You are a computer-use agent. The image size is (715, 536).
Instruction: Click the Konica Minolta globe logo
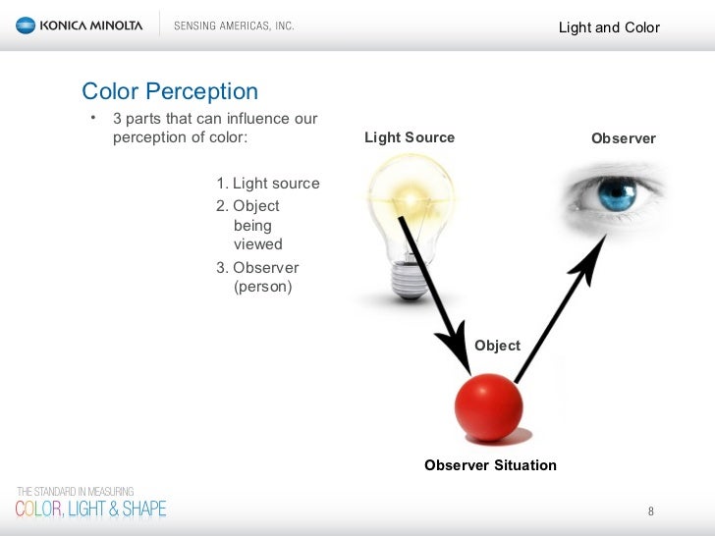pos(25,27)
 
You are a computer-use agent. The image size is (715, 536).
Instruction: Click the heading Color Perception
pos(170,92)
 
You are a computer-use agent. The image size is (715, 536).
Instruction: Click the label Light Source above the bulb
pos(410,137)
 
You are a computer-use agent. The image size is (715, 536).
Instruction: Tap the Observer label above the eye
pos(623,138)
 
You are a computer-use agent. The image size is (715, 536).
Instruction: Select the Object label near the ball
pos(497,346)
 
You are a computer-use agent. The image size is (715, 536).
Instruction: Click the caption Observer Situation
pos(490,465)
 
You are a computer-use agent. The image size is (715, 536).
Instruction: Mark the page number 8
pos(650,511)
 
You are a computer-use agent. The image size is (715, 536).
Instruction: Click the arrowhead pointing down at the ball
pos(454,348)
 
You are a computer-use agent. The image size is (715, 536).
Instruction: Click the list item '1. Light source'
pos(267,184)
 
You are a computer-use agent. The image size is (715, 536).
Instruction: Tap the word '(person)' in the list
pos(262,287)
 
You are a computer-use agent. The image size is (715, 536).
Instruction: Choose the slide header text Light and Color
pos(609,27)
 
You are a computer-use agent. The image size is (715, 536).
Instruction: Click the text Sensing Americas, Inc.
pos(234,27)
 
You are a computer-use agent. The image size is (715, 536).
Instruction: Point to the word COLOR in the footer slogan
pos(36,509)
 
